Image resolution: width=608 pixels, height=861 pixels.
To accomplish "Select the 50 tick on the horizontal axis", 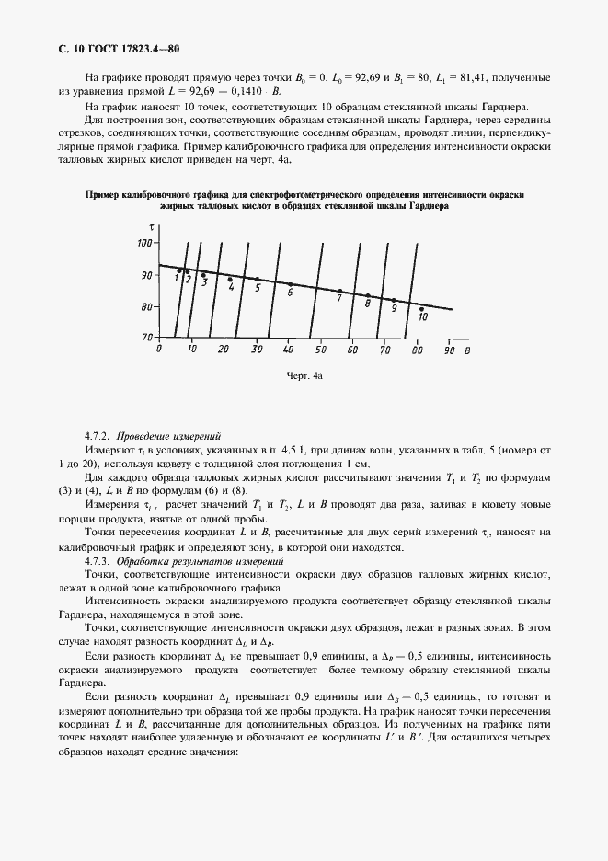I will [x=320, y=350].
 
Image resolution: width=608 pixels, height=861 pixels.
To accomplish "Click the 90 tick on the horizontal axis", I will [x=449, y=350].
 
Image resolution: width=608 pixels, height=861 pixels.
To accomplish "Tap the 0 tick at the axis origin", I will [x=159, y=350].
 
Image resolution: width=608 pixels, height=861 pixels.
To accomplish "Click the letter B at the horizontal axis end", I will [x=469, y=350].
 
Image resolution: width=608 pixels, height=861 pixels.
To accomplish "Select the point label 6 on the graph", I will [x=290, y=293].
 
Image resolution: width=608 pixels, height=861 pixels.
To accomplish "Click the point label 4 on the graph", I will [x=231, y=288].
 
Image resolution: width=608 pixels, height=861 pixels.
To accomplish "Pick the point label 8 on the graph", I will [x=368, y=304].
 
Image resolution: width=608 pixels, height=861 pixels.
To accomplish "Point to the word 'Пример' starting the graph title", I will [x=102, y=195].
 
